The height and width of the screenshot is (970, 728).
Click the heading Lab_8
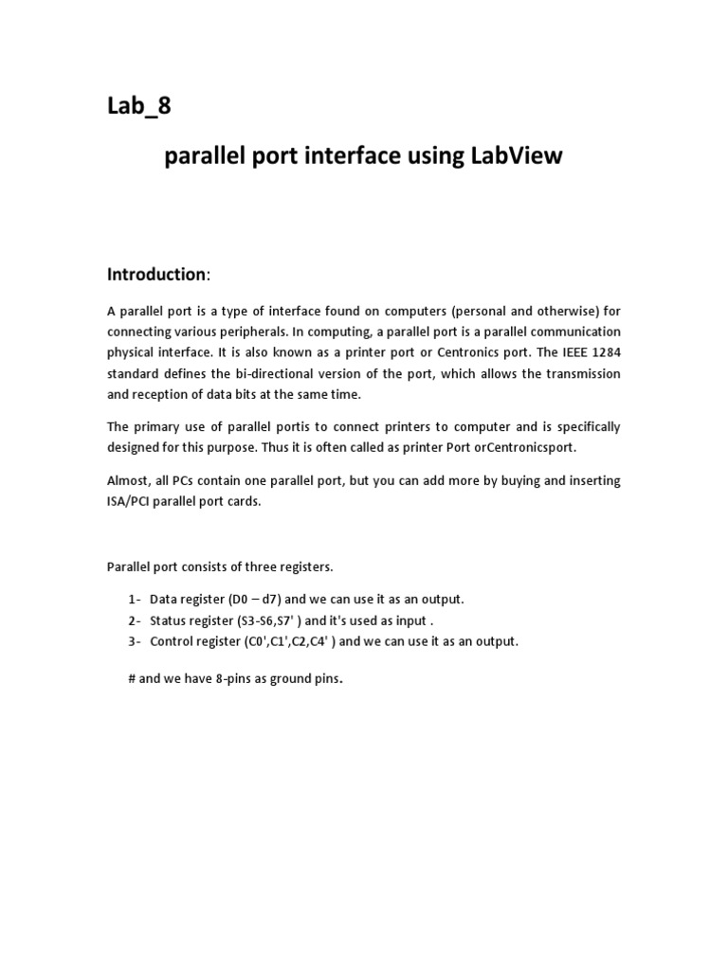tap(139, 106)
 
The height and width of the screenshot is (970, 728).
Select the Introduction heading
tap(156, 275)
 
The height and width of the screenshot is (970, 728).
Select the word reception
tap(164, 394)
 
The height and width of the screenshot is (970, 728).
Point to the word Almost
tap(127, 480)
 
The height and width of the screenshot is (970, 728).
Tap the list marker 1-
tap(133, 600)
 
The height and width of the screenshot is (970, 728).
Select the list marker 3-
tap(133, 641)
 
